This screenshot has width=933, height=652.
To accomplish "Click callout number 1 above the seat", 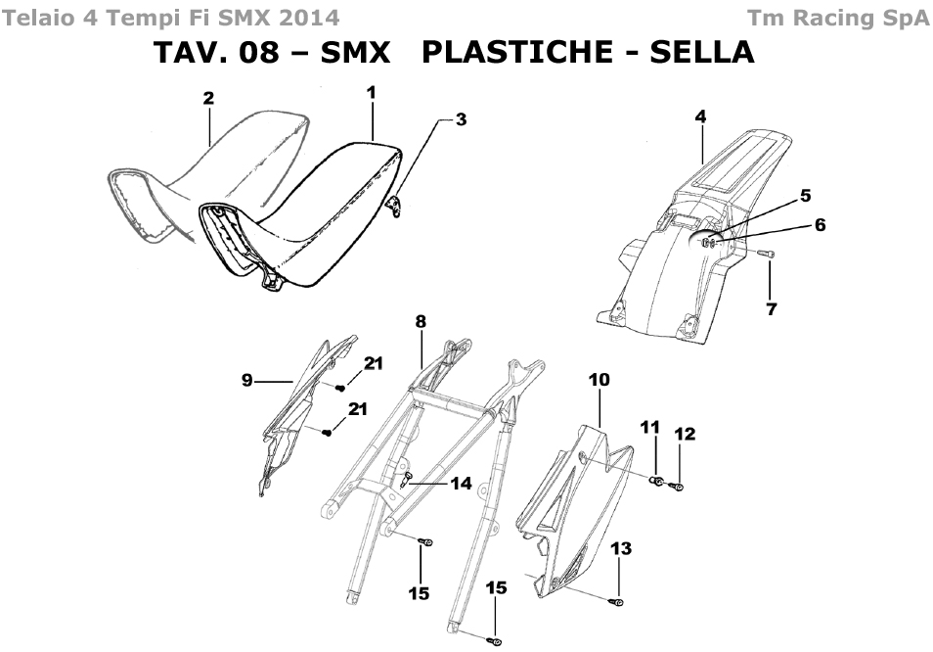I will (x=371, y=92).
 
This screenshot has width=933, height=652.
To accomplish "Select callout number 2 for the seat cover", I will (x=208, y=97).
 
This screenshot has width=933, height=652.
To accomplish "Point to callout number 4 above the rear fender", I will (x=700, y=116).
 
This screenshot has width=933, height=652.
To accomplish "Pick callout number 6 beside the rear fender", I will (x=820, y=225).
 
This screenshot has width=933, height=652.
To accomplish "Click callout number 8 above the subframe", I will (x=421, y=321).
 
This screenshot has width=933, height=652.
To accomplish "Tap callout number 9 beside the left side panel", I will (x=248, y=380).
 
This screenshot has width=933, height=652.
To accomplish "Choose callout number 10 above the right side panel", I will (x=599, y=379).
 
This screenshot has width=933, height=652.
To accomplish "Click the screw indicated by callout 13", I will (x=618, y=600).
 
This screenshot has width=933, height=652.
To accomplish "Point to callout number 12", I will (x=684, y=433).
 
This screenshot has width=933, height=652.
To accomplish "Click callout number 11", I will (x=649, y=427).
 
